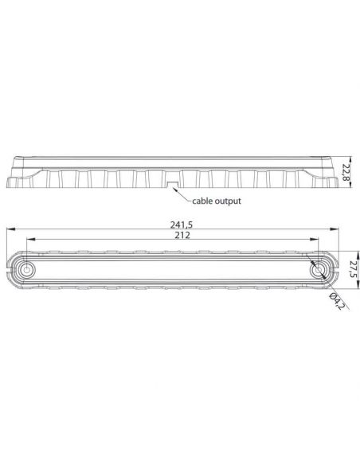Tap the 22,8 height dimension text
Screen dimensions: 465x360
pos(346,172)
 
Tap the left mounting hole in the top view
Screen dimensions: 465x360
pos(28,271)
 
